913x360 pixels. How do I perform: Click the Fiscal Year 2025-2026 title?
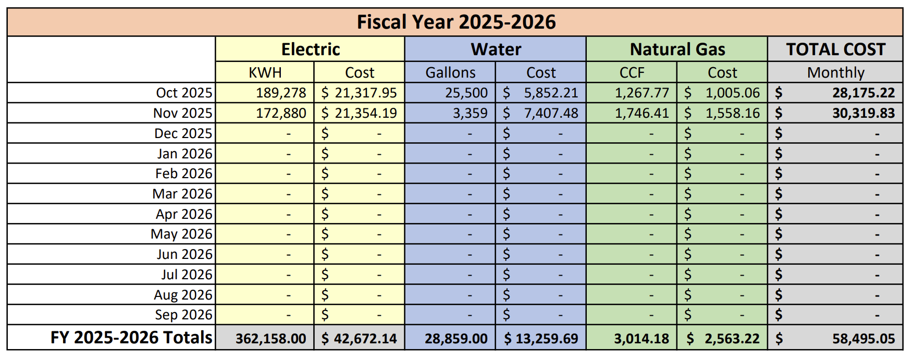click(456, 22)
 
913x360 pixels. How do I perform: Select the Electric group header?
click(310, 49)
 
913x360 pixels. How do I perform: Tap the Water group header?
click(496, 49)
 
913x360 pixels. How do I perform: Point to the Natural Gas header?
click(677, 49)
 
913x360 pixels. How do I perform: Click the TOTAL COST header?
click(835, 49)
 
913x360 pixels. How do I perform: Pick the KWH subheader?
click(265, 72)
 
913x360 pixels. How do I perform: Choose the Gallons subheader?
click(450, 72)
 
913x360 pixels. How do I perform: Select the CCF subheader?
click(632, 72)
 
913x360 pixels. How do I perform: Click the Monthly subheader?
click(835, 72)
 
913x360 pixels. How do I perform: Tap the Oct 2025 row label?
click(184, 93)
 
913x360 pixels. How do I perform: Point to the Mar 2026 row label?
click(182, 194)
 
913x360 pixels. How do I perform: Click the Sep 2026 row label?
click(183, 315)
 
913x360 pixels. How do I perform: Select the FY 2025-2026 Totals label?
click(131, 338)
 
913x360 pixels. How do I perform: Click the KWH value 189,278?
click(281, 93)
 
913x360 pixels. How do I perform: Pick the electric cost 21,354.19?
click(365, 113)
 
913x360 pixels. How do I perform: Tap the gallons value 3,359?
click(470, 113)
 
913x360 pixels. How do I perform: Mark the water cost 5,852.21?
click(551, 93)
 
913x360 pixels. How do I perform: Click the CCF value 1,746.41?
click(641, 113)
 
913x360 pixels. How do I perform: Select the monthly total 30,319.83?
click(863, 113)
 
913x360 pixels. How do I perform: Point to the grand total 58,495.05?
click(863, 339)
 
